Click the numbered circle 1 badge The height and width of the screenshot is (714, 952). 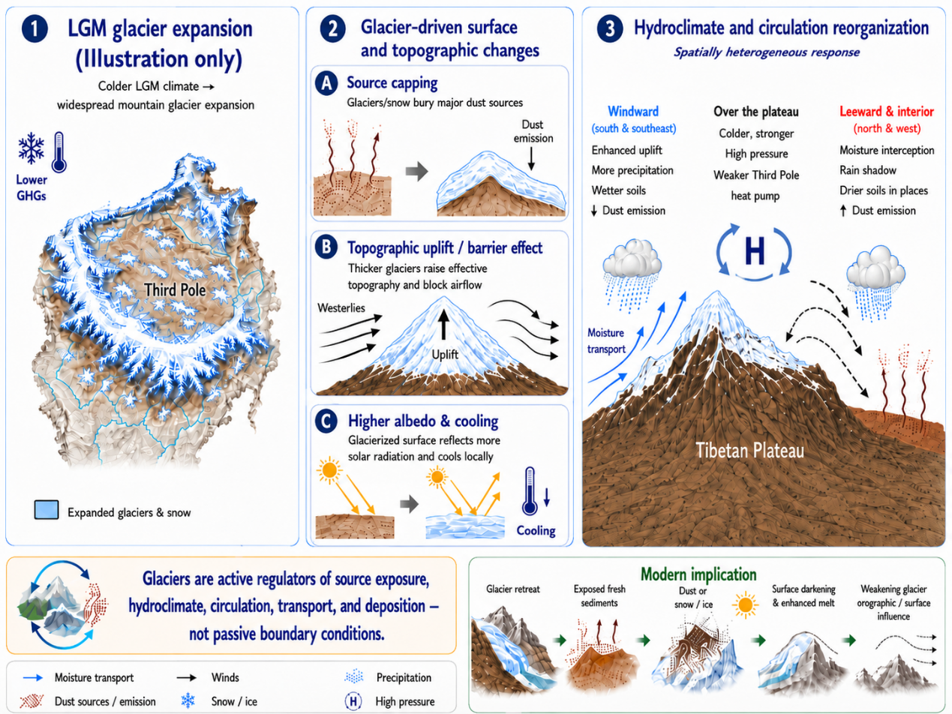click(35, 29)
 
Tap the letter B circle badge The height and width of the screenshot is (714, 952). click(326, 247)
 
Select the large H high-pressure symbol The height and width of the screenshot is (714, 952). click(755, 251)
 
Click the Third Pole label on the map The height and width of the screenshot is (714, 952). click(175, 289)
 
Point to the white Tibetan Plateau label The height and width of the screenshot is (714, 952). click(750, 450)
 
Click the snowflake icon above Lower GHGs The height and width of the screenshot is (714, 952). click(32, 148)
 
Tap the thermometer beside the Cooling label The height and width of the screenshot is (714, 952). click(530, 490)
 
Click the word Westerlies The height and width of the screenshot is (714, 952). click(341, 307)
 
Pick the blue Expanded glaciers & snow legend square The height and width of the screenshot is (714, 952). click(47, 510)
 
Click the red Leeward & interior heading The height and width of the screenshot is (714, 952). click(887, 112)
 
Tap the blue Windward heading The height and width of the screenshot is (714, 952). click(633, 112)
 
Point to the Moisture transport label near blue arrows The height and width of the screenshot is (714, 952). click(606, 340)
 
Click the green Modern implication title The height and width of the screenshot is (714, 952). click(698, 574)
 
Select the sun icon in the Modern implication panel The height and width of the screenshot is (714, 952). click(745, 604)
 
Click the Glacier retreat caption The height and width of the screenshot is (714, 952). click(512, 589)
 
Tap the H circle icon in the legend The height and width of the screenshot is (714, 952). click(353, 701)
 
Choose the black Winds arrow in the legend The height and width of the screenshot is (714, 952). click(187, 677)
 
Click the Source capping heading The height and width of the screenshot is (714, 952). click(392, 82)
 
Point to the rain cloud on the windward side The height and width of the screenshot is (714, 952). click(632, 274)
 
